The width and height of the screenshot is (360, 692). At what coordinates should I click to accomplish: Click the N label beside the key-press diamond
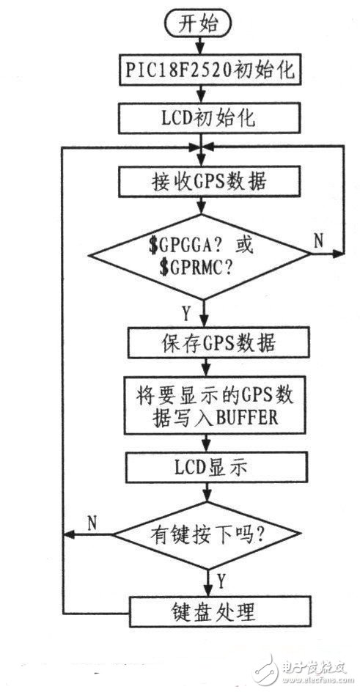pyautogui.click(x=92, y=521)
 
